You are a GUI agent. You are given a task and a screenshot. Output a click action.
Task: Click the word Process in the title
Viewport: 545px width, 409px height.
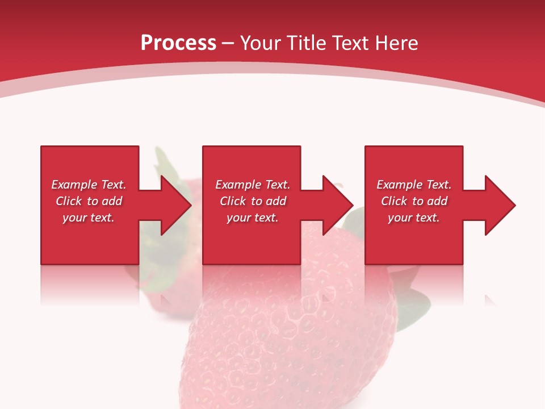click(x=178, y=43)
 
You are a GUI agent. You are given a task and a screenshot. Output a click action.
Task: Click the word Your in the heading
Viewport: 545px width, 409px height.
click(x=261, y=43)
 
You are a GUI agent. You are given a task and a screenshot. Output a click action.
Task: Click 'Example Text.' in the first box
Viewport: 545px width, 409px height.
click(x=89, y=185)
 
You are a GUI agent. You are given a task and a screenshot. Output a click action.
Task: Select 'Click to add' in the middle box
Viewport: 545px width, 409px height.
click(x=253, y=201)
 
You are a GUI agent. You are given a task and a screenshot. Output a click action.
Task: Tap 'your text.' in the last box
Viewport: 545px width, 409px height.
click(x=414, y=218)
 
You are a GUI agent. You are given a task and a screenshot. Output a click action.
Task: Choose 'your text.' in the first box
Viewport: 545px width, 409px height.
click(x=89, y=218)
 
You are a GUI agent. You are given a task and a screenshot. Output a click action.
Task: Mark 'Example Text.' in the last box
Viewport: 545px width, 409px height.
click(x=414, y=185)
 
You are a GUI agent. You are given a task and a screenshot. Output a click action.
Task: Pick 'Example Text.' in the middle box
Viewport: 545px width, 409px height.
click(x=253, y=185)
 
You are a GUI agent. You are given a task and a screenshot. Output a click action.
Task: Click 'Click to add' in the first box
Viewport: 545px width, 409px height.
click(x=89, y=201)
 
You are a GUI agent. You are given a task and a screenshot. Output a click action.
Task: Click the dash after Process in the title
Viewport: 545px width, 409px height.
click(x=228, y=43)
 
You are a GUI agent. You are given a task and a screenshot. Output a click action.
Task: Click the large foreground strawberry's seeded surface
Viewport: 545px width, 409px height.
click(x=284, y=341)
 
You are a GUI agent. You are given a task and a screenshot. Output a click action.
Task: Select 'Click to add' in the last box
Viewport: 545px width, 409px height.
click(x=414, y=201)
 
